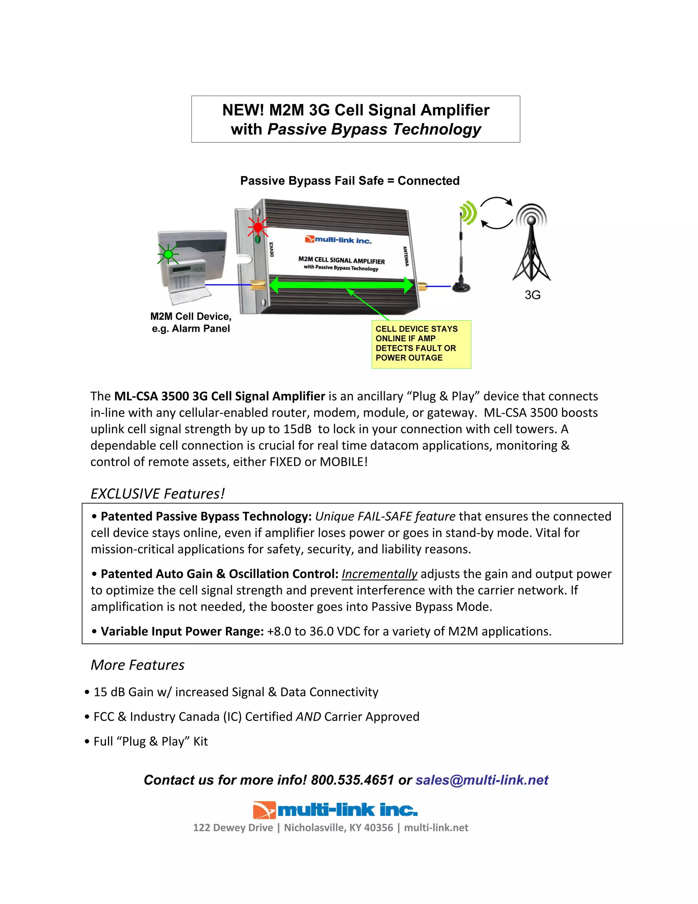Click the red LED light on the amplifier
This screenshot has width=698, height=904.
[258, 227]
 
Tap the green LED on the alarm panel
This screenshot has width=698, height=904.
[168, 254]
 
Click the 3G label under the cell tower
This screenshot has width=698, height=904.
[532, 295]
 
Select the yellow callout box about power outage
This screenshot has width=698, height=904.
[421, 344]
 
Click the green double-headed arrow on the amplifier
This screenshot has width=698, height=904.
[341, 285]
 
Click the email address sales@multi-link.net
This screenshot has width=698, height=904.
[482, 780]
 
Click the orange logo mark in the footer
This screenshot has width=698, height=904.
[264, 810]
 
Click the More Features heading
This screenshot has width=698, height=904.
[138, 665]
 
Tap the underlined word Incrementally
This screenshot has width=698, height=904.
[379, 574]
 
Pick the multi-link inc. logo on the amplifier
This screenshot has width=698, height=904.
[338, 240]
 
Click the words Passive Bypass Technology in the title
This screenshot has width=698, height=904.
[374, 129]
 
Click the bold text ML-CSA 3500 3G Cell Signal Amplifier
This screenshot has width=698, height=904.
[219, 396]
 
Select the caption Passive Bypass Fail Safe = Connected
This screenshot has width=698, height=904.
[350, 180]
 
